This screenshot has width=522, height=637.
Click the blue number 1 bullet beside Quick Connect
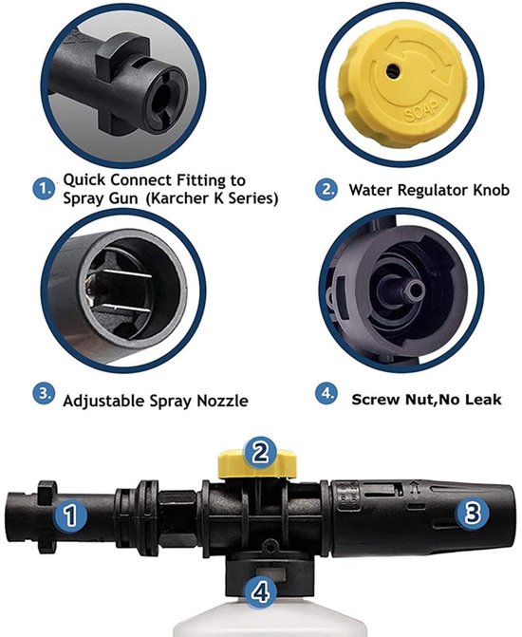tap(44, 189)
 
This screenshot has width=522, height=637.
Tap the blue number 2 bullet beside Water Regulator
tap(326, 189)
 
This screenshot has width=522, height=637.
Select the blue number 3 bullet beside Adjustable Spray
tap(44, 394)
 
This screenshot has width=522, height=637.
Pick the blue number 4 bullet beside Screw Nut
tap(326, 394)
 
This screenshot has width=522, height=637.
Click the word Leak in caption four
tap(484, 400)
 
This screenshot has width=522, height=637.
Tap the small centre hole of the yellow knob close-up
tap(393, 71)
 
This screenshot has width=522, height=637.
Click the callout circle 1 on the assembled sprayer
tap(70, 515)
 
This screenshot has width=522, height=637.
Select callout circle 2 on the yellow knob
tap(260, 453)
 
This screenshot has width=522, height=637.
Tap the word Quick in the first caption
tap(84, 180)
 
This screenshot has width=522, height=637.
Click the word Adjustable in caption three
tap(103, 401)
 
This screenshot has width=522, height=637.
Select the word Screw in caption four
tap(376, 400)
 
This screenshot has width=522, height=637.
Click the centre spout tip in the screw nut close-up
tap(417, 290)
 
